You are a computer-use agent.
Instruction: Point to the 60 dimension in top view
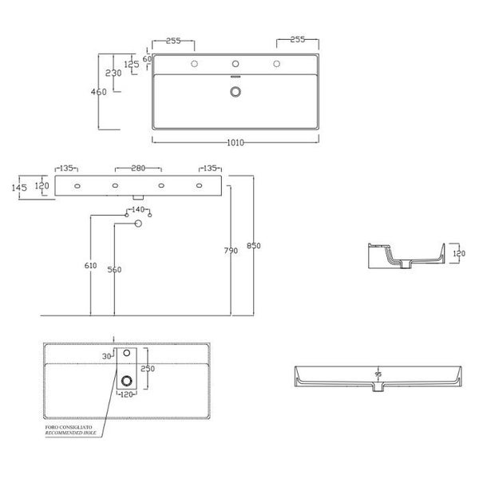click(x=146, y=59)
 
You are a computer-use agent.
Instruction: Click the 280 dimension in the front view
click(x=138, y=168)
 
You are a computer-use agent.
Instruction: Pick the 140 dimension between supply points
click(x=138, y=209)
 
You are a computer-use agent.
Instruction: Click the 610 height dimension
click(x=90, y=266)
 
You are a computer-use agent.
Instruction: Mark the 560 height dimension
click(x=114, y=270)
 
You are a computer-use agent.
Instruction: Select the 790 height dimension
click(x=231, y=251)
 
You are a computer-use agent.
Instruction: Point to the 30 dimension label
click(x=108, y=356)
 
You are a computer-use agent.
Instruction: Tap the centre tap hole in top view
click(x=235, y=64)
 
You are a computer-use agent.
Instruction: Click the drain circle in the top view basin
click(x=235, y=91)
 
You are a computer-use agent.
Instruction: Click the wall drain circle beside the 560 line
click(x=138, y=224)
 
